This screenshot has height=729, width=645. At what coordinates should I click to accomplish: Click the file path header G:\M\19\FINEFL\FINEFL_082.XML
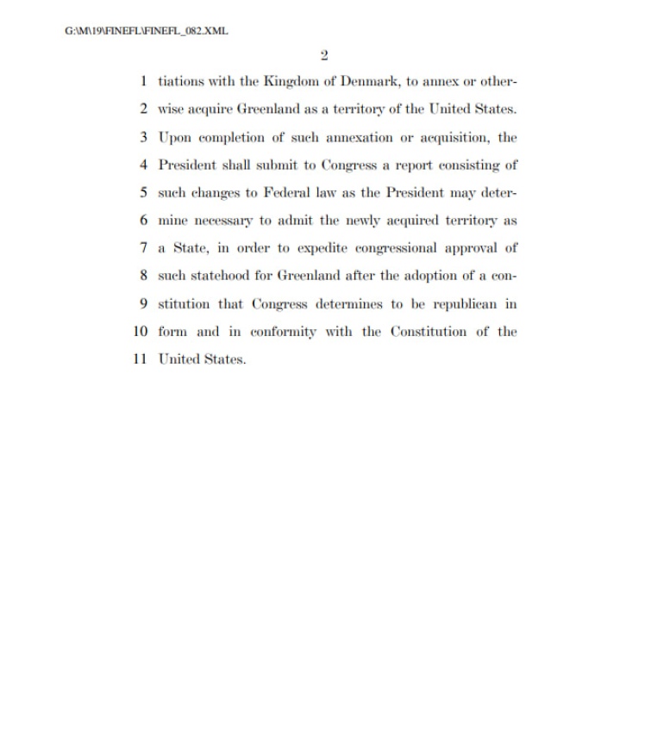(146, 31)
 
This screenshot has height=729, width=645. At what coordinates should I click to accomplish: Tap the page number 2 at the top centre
(323, 56)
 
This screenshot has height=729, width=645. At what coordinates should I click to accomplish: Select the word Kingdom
(293, 82)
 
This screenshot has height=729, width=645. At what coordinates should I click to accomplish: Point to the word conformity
(282, 331)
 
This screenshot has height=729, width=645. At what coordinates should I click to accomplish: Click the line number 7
(143, 248)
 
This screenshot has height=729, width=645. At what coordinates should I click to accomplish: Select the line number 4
(143, 165)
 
